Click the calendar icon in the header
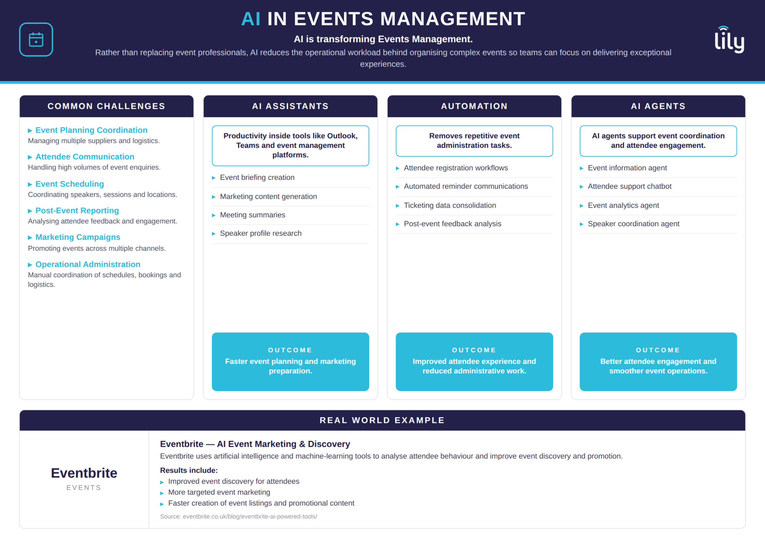[x=36, y=39]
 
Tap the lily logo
[x=729, y=39]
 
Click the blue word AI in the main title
[x=251, y=19]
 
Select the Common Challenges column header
[x=107, y=106]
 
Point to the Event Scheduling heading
[x=70, y=184]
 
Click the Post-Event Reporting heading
[x=77, y=211]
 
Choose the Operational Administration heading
[x=88, y=264]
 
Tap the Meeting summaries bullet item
[x=252, y=215]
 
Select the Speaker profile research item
[x=261, y=233]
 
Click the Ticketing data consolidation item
[x=450, y=205]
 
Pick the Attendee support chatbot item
[x=629, y=186]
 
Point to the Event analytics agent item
[x=623, y=205]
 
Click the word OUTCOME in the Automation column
[x=474, y=350]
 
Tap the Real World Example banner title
[x=382, y=420]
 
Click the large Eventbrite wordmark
[x=84, y=473]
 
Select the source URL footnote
[x=238, y=516]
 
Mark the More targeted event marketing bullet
[x=219, y=492]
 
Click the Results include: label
[x=189, y=470]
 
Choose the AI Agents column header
[x=658, y=106]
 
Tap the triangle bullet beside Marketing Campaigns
[x=30, y=237]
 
